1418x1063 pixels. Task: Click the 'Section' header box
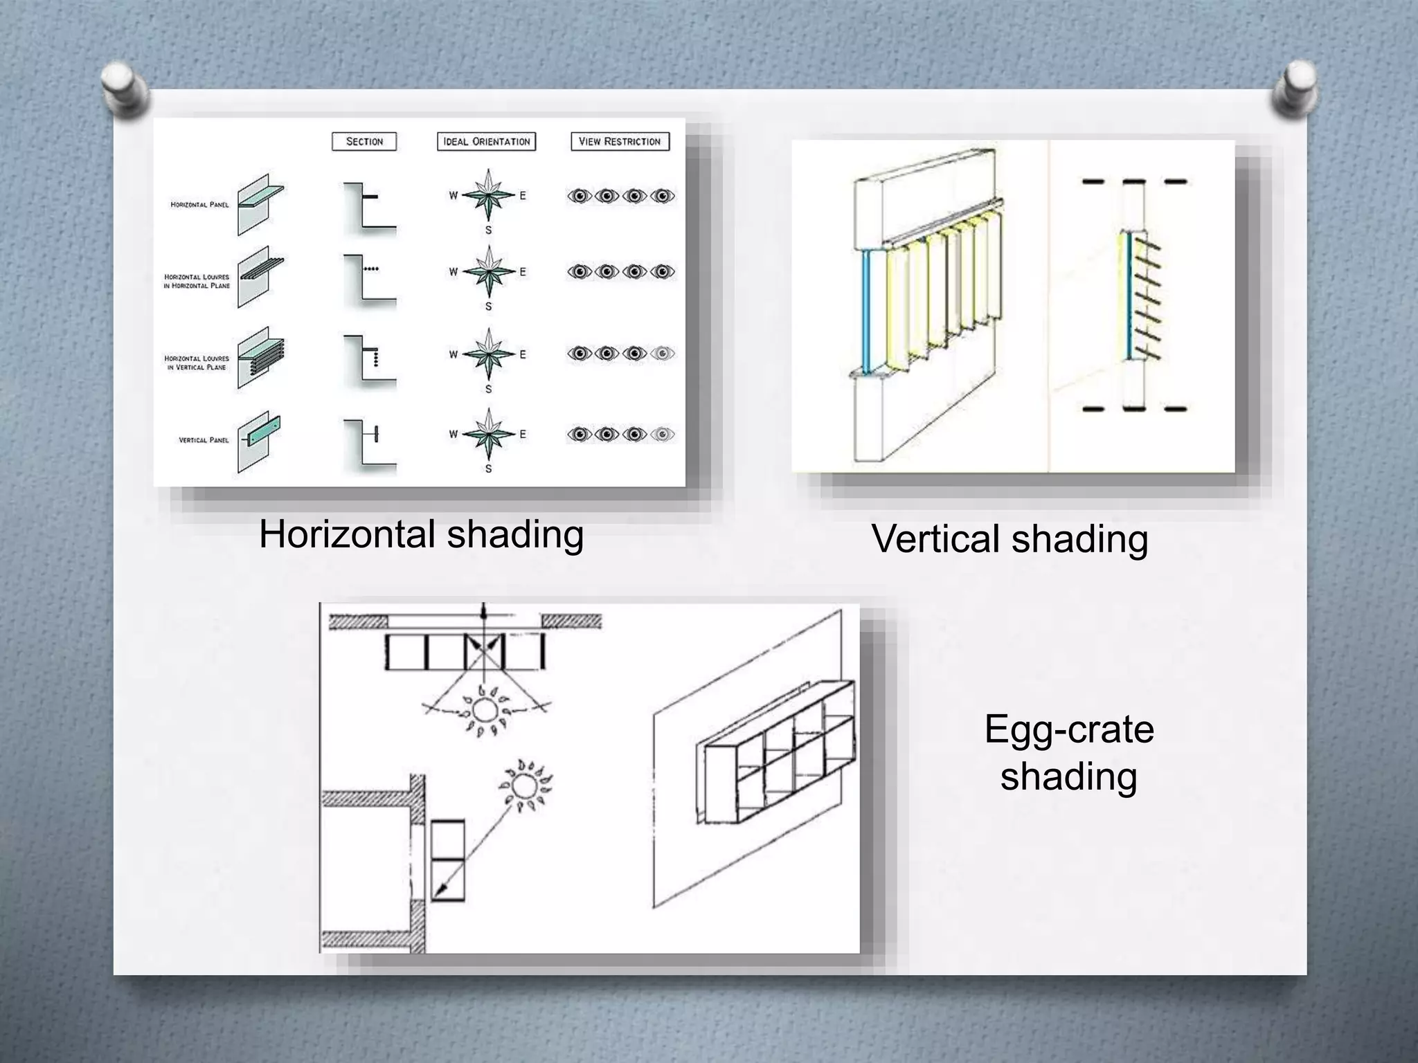tap(364, 142)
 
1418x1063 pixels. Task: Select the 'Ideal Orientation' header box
tap(486, 142)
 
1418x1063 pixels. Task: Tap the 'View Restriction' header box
tap(620, 142)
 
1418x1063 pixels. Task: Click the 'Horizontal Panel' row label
tap(199, 205)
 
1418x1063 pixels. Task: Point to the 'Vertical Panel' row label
tap(204, 440)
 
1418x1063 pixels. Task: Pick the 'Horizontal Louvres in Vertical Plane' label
tap(197, 363)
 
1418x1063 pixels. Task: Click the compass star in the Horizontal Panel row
tap(488, 195)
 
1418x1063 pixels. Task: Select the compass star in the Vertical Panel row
tap(488, 434)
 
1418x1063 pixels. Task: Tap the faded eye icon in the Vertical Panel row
tap(663, 435)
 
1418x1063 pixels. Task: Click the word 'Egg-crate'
tap(1068, 729)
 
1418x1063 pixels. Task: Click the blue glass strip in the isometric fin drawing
tap(866, 311)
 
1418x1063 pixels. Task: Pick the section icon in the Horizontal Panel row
tap(368, 206)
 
